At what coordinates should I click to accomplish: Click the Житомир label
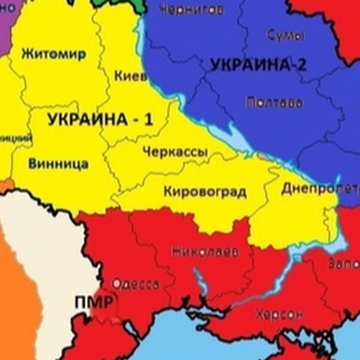coord(54,53)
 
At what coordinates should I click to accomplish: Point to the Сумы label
coord(285,35)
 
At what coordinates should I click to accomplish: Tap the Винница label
coord(58,164)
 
